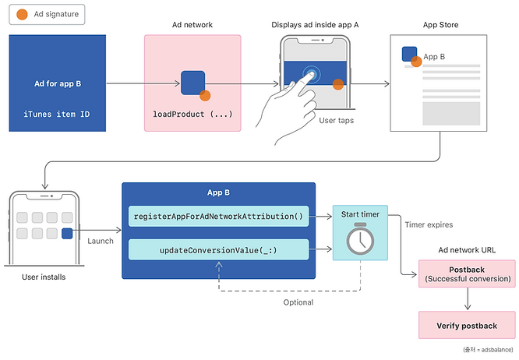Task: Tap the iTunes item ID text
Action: click(57, 115)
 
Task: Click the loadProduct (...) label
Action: click(192, 115)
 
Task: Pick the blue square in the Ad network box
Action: click(192, 83)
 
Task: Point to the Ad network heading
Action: click(192, 25)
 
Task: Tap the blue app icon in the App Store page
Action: click(409, 54)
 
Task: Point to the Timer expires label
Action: click(429, 224)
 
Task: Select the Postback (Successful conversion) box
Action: click(467, 274)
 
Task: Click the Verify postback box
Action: click(467, 324)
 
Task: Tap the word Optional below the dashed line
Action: click(298, 302)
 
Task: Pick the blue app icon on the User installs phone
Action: click(67, 233)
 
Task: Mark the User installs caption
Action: click(44, 277)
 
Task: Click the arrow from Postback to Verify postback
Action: click(467, 298)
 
